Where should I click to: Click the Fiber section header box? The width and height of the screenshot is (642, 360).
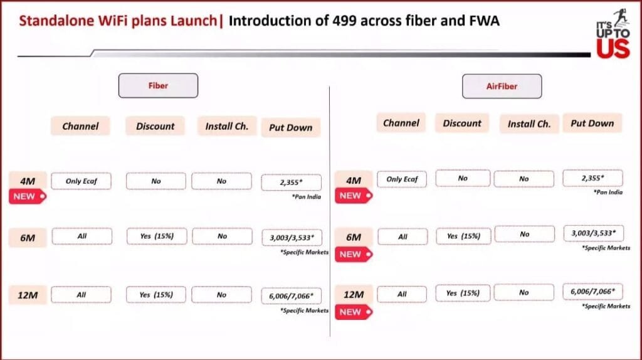(158, 85)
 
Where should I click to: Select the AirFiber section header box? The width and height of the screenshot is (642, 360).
(502, 86)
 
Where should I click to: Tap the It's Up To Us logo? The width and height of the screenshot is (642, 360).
(613, 34)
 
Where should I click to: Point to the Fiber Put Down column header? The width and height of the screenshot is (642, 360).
(291, 127)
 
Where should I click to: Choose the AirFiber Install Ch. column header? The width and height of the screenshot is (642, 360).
(529, 124)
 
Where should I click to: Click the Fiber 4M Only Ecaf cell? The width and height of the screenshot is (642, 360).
(81, 181)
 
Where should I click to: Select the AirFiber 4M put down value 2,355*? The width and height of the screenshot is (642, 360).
(592, 178)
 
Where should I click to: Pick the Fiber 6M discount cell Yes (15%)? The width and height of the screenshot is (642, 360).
(157, 236)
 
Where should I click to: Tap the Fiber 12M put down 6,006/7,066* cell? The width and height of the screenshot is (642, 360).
(291, 295)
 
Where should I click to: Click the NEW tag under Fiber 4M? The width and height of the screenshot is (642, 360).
(28, 196)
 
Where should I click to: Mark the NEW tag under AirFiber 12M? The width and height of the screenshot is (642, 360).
(354, 312)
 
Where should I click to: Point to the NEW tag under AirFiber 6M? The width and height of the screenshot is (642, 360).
(354, 255)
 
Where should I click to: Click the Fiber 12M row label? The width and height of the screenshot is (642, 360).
(28, 295)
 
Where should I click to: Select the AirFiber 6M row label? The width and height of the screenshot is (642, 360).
(354, 237)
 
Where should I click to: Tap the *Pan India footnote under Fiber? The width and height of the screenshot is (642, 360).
(306, 197)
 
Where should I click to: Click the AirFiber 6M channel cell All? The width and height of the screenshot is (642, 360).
(403, 236)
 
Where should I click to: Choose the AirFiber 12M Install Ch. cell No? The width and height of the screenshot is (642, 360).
(524, 292)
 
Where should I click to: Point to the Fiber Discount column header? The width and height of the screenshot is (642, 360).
(155, 126)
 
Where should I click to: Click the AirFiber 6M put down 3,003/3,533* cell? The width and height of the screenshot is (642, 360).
(594, 233)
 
